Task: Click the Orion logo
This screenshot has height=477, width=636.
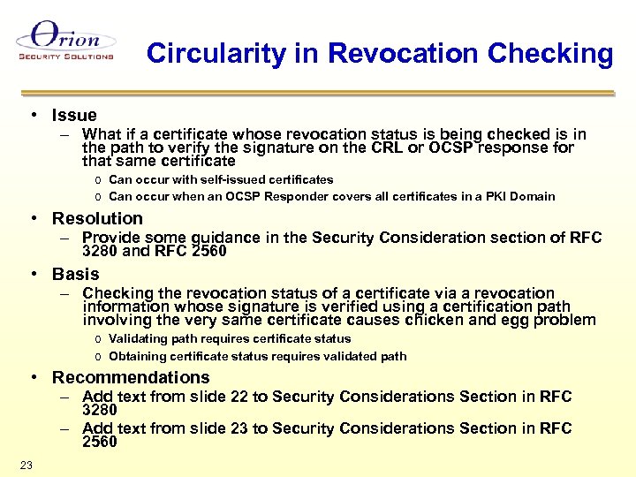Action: coord(65,41)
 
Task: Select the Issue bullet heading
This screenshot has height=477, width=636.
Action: coord(74,115)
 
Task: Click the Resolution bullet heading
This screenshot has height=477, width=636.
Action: coord(97,218)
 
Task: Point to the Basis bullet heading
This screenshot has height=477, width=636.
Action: coord(76,274)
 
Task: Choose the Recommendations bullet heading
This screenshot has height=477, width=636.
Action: coord(131,377)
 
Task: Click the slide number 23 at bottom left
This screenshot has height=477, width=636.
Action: coord(26,465)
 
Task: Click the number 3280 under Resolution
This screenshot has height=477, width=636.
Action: coord(99,251)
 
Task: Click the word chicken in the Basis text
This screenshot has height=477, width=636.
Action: coord(457,320)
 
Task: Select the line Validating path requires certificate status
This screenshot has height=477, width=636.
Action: coord(230,338)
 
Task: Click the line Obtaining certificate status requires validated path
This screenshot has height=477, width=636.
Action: coord(257,356)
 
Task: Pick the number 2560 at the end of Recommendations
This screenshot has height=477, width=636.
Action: coord(99,442)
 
